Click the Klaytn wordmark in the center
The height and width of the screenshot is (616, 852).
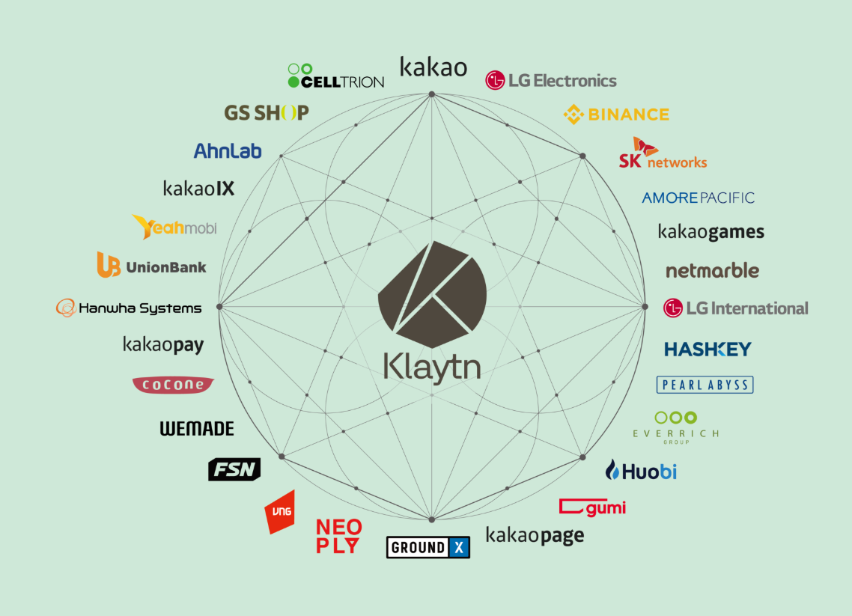432,366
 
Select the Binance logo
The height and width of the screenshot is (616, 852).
616,115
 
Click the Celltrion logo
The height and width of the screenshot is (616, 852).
336,76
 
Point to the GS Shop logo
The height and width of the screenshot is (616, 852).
267,113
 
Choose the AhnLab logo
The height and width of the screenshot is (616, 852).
228,150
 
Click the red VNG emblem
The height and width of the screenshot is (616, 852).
281,512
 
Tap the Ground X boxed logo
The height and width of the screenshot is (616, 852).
428,547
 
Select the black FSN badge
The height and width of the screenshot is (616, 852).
234,469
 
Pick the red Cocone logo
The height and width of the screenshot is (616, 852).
173,385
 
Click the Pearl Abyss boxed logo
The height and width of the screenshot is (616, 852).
705,385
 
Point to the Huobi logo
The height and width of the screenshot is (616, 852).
641,471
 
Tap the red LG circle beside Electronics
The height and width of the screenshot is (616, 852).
495,81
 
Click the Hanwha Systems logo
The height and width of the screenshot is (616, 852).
129,308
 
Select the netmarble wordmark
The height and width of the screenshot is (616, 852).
712,270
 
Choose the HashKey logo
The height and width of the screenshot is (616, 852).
708,349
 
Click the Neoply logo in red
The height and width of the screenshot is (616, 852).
338,536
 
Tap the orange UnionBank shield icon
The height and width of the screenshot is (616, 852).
109,265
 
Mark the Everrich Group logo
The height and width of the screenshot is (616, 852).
675,428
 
